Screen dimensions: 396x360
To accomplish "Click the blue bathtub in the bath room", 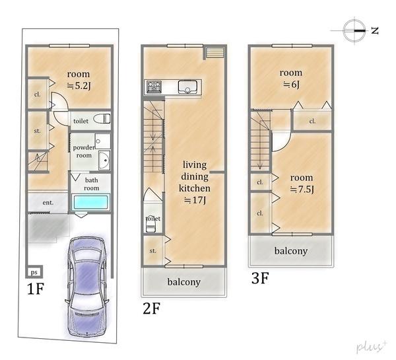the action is point(91,202).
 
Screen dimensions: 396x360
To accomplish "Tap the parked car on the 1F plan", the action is point(87,287).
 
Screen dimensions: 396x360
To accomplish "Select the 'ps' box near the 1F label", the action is point(34,272).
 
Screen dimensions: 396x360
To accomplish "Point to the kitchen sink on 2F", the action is point(187,87).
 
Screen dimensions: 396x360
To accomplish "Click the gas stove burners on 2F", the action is point(154,87).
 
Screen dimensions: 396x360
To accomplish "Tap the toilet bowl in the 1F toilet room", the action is point(102,119).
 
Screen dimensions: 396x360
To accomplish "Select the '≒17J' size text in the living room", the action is point(195,200).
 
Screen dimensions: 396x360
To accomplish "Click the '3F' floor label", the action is point(260,278).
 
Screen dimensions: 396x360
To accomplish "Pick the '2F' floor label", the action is point(152,308).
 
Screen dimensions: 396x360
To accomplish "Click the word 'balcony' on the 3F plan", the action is point(291,251).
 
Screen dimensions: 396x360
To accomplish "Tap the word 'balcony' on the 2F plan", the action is point(184,281).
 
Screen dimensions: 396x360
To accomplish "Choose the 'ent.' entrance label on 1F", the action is point(48,203).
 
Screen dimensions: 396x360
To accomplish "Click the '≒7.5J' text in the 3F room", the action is point(302,190).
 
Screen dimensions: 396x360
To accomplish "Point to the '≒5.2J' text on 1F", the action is point(79,86).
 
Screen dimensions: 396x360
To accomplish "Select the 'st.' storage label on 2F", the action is point(153,251).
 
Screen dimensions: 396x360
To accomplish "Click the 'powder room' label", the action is point(84,151).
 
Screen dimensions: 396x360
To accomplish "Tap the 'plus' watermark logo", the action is point(371,346).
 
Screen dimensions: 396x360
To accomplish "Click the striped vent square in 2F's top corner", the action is point(215,53).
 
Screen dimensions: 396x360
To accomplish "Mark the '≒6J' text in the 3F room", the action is point(291,85).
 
